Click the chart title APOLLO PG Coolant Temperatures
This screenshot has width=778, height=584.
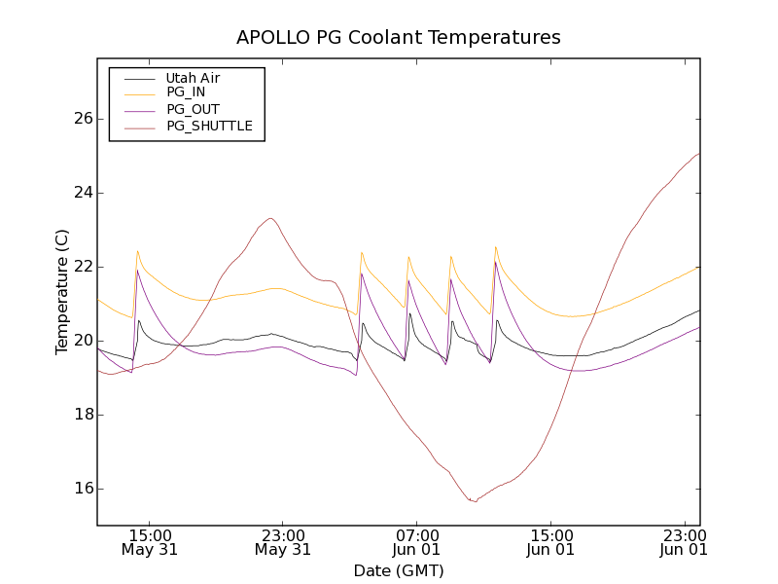(x=399, y=38)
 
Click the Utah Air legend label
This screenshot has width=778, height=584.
(x=193, y=78)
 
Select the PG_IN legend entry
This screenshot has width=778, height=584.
(x=186, y=92)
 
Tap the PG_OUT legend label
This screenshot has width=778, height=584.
(x=193, y=109)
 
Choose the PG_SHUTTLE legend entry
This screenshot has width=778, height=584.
(x=209, y=126)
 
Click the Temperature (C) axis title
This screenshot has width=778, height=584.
(x=62, y=292)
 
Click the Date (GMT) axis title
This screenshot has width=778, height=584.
(x=399, y=570)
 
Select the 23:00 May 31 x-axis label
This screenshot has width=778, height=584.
(x=283, y=542)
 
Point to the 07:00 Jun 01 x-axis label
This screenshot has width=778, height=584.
(x=416, y=542)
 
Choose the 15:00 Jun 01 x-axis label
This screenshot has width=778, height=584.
(x=550, y=542)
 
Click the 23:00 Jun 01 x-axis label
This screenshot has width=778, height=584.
(x=684, y=542)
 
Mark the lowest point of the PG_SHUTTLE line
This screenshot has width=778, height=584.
(x=475, y=501)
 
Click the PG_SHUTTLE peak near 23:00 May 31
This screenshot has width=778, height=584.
(x=270, y=218)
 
